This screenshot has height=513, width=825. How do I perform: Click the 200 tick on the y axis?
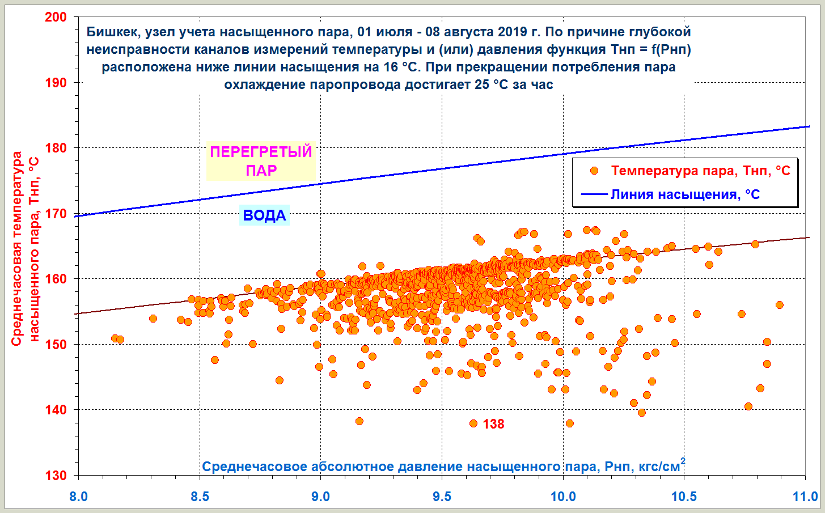point(56,17)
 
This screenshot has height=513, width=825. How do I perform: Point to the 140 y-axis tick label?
point(56,410)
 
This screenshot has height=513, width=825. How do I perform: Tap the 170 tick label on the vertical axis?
point(56,214)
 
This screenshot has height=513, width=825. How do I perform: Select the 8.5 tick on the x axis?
point(200,497)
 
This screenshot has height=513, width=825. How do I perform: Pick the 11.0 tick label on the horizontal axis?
point(805,497)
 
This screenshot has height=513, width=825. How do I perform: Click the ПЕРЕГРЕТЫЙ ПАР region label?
point(261,161)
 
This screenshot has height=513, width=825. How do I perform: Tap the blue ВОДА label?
point(264,215)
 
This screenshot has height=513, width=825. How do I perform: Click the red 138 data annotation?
point(493,424)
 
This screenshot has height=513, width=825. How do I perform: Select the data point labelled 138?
point(473,423)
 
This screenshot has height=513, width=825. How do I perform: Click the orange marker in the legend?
point(594,171)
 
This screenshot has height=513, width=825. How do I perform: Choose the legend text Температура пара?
point(700,171)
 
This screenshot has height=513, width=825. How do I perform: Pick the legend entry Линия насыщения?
point(685,195)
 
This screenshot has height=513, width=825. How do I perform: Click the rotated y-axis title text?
point(26,248)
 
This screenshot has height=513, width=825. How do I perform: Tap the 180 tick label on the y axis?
point(56,148)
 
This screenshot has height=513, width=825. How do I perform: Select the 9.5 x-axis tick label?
point(442,497)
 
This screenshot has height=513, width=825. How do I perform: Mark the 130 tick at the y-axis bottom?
point(56,475)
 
